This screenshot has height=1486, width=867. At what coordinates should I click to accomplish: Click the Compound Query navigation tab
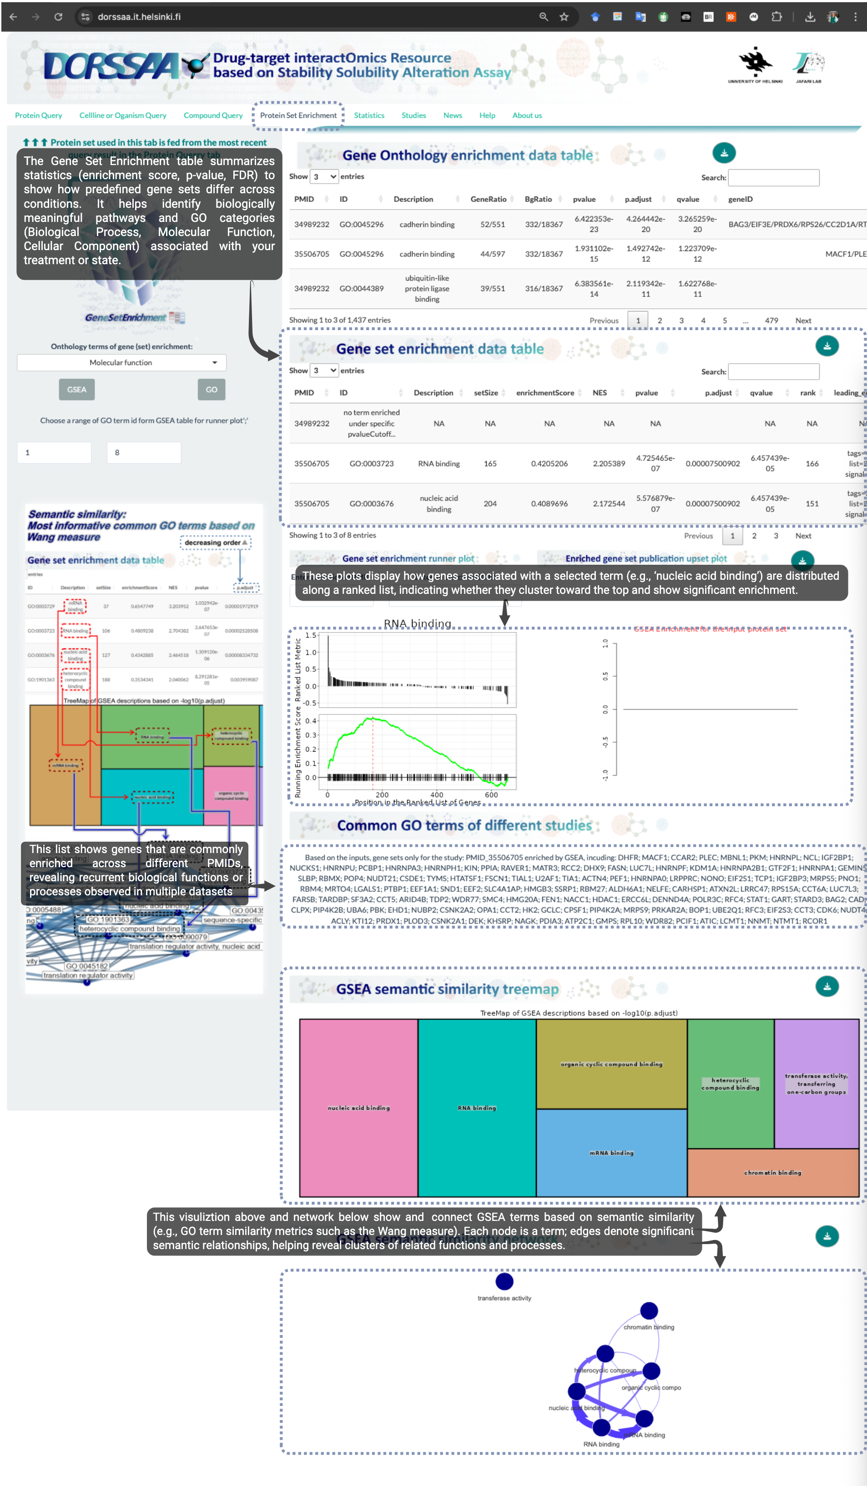click(213, 115)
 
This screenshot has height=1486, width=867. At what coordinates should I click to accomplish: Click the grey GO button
click(211, 390)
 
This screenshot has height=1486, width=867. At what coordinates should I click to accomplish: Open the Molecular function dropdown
click(121, 363)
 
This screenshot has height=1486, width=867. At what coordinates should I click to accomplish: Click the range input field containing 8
click(143, 453)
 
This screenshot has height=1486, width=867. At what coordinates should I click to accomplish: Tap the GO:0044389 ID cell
click(361, 288)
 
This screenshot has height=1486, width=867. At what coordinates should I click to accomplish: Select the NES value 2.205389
click(609, 463)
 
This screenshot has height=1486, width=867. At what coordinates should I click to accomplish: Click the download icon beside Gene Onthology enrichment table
click(724, 153)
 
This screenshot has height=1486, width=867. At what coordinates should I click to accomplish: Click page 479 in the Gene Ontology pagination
click(771, 321)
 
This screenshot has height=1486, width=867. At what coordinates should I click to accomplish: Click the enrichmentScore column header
click(544, 393)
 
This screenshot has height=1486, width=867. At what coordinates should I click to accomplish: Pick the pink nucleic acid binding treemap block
click(358, 1107)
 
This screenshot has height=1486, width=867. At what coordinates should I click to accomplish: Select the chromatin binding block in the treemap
click(773, 1172)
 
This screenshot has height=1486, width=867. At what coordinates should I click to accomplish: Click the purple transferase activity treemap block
click(816, 1084)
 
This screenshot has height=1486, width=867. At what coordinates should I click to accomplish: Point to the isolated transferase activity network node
click(504, 1281)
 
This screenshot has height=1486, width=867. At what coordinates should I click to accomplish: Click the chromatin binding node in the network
click(649, 1311)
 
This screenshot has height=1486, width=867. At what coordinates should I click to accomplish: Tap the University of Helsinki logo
click(755, 65)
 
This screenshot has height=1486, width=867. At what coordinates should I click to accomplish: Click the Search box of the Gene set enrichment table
click(773, 371)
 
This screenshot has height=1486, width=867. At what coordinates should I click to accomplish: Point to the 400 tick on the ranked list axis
click(436, 795)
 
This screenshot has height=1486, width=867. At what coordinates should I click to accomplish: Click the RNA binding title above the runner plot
click(418, 623)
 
